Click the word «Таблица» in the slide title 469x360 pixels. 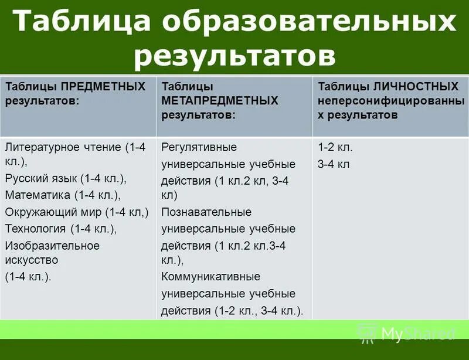(83, 23)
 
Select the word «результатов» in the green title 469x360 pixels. (235, 56)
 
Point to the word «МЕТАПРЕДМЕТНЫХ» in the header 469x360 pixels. (219, 101)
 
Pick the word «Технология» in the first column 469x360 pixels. (35, 228)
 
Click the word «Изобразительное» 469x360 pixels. (52, 245)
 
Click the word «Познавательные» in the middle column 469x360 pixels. (206, 212)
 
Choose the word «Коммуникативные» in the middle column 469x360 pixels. (210, 277)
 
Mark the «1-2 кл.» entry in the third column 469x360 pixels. (335, 147)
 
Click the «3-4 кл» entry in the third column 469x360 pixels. (334, 164)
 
